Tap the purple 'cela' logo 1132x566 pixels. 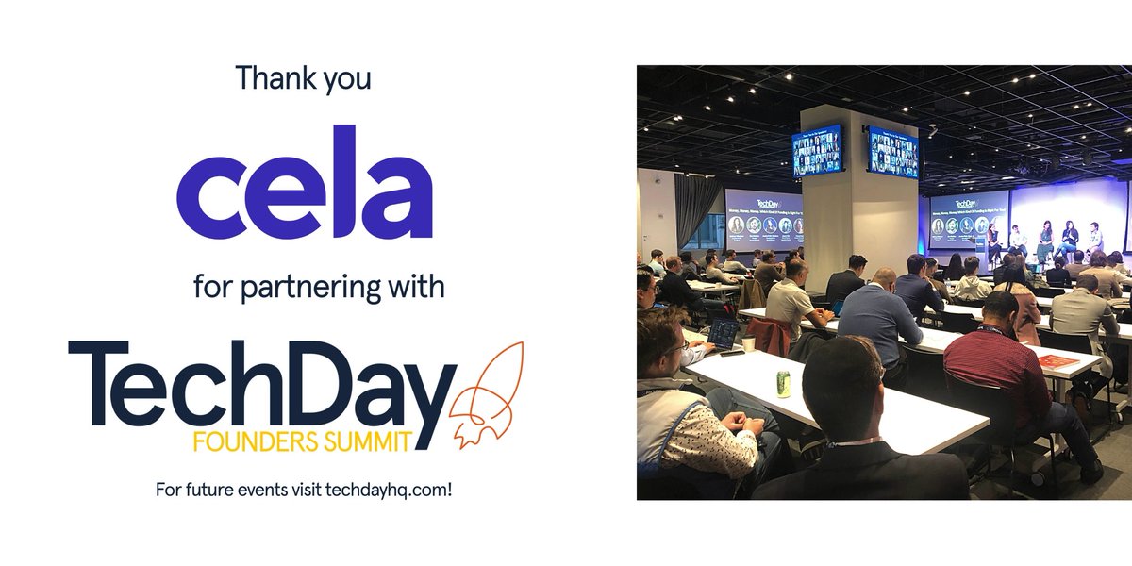(x=304, y=182)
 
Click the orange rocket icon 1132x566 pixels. (x=487, y=394)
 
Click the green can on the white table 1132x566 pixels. (x=783, y=383)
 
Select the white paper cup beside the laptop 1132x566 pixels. (x=748, y=343)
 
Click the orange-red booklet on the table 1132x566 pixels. (x=1058, y=360)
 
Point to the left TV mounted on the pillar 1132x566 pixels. (x=817, y=150)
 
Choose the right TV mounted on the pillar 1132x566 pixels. (x=892, y=152)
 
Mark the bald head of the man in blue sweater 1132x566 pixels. (x=883, y=278)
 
